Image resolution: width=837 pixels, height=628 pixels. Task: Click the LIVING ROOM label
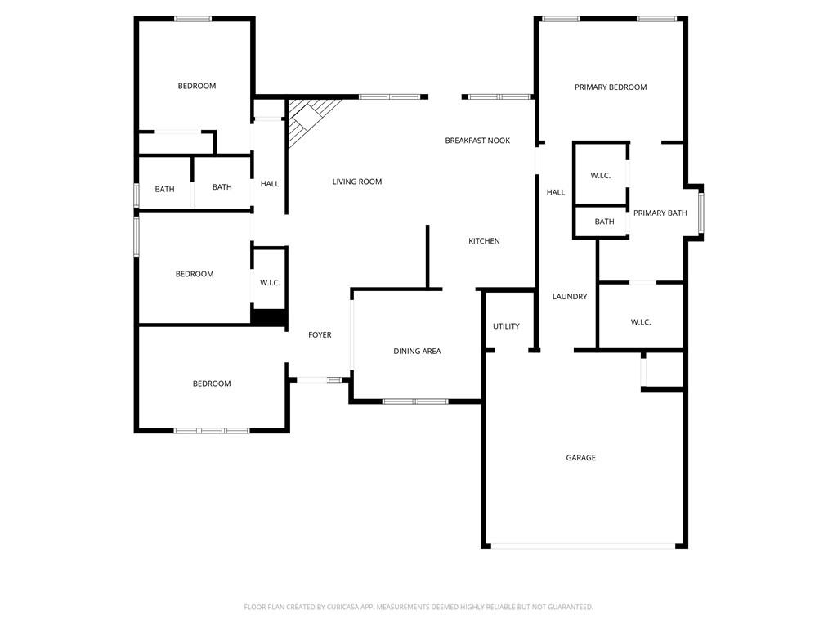pos(357,182)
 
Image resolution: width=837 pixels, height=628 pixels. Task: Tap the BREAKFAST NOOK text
pos(477,141)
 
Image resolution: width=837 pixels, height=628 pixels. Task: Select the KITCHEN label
pos(484,241)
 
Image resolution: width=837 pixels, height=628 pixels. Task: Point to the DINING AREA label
pos(417,352)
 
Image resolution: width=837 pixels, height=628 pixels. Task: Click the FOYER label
pos(320,335)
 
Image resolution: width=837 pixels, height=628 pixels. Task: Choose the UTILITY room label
pos(506,326)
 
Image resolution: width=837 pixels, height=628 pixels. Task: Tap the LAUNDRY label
pos(570,297)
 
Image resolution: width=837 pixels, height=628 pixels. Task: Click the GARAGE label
pos(581,458)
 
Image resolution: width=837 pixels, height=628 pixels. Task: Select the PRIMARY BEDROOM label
pos(611,87)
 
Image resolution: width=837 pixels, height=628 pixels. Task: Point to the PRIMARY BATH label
pos(660,213)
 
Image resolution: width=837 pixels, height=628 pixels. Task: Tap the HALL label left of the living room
pos(270,184)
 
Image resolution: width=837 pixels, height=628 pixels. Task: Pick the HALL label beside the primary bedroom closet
pos(556,193)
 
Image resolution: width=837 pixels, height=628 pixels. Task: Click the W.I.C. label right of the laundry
pos(641,322)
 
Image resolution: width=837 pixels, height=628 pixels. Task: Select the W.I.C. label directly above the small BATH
pos(601,176)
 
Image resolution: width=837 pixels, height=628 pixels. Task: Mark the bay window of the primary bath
pos(700,213)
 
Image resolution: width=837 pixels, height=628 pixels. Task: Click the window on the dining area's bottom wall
pos(415,401)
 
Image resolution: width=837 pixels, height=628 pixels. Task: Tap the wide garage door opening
pos(584,546)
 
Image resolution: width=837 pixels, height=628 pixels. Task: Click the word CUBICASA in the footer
pos(342,607)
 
